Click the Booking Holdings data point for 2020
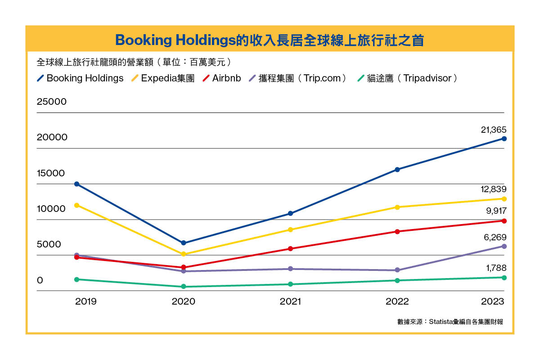click(x=183, y=243)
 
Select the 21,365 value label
click(x=493, y=130)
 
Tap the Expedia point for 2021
click(x=290, y=229)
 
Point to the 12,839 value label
click(x=493, y=189)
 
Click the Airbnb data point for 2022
click(x=397, y=232)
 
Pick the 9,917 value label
click(x=495, y=210)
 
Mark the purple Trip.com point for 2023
click(x=504, y=246)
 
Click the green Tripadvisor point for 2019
click(x=76, y=279)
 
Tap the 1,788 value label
click(x=496, y=268)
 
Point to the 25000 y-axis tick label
click(x=52, y=102)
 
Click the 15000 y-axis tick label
click(x=52, y=173)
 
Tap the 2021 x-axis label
click(x=290, y=301)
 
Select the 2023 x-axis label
click(x=492, y=301)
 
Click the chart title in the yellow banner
click(x=270, y=40)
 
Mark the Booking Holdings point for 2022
click(x=397, y=170)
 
